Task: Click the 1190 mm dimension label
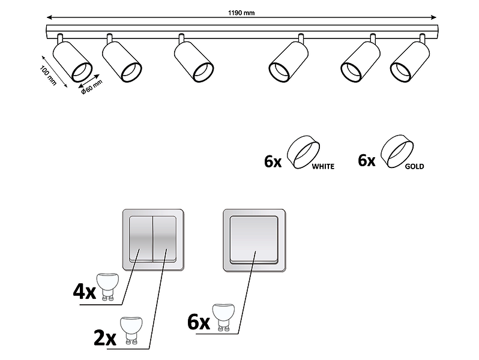241,13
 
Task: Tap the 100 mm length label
48,76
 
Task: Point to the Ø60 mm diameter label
92,87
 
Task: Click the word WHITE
323,166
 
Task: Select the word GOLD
415,166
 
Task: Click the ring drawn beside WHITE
303,152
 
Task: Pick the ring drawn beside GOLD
397,151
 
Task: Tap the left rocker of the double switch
141,239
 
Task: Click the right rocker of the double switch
164,239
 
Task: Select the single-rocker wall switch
254,241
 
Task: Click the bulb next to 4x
107,286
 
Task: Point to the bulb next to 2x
131,331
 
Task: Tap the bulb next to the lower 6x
223,317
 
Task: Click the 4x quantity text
84,292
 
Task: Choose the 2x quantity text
105,338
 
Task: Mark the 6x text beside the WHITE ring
273,161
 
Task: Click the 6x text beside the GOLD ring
367,160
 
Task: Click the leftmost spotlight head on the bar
72,60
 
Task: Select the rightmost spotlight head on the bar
410,60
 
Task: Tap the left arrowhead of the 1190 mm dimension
49,17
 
